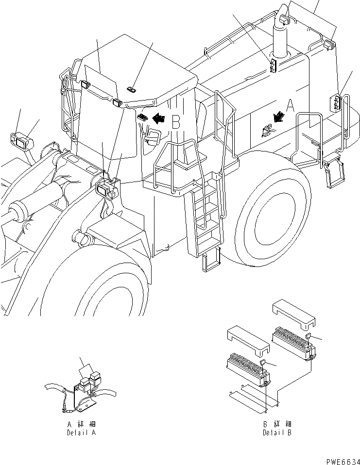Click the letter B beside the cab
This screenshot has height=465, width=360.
(176, 121)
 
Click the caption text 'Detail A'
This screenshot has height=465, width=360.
(81, 432)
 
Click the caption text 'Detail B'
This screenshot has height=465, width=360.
(277, 432)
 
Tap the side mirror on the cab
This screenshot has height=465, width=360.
(153, 136)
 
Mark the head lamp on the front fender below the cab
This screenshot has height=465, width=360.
(106, 188)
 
